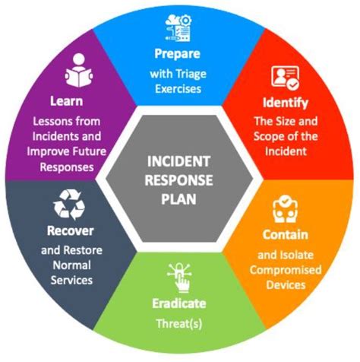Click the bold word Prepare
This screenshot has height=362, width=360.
[x=180, y=54]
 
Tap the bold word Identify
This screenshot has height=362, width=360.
[x=286, y=102]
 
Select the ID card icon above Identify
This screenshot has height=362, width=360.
[x=286, y=78]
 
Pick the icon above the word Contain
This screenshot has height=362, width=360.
[x=286, y=209]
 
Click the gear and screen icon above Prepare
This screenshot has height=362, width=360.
[x=180, y=28]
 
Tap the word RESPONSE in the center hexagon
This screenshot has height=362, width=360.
[x=180, y=181]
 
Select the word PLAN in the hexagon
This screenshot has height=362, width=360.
[x=180, y=198]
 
